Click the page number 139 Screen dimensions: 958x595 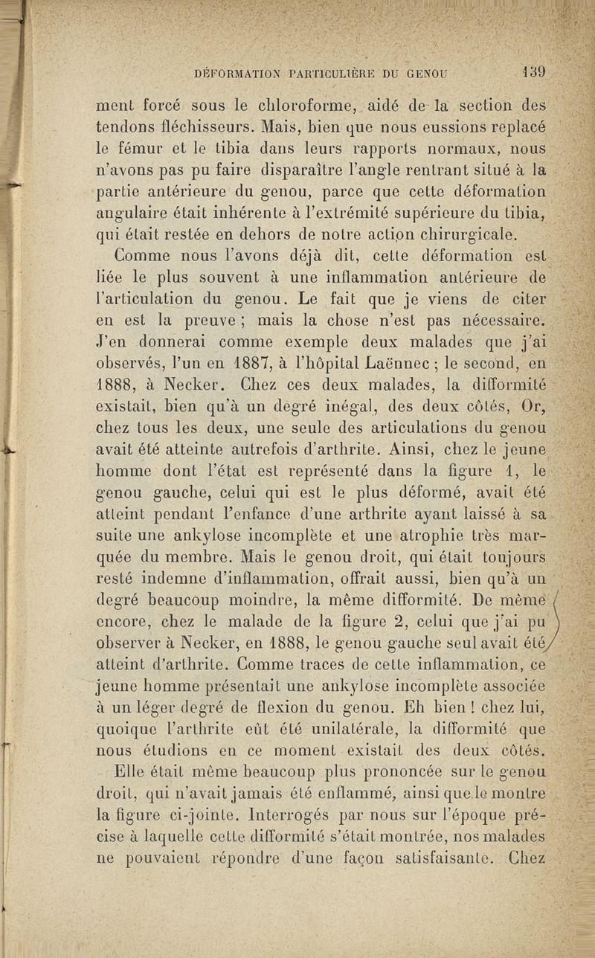tap(535, 73)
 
